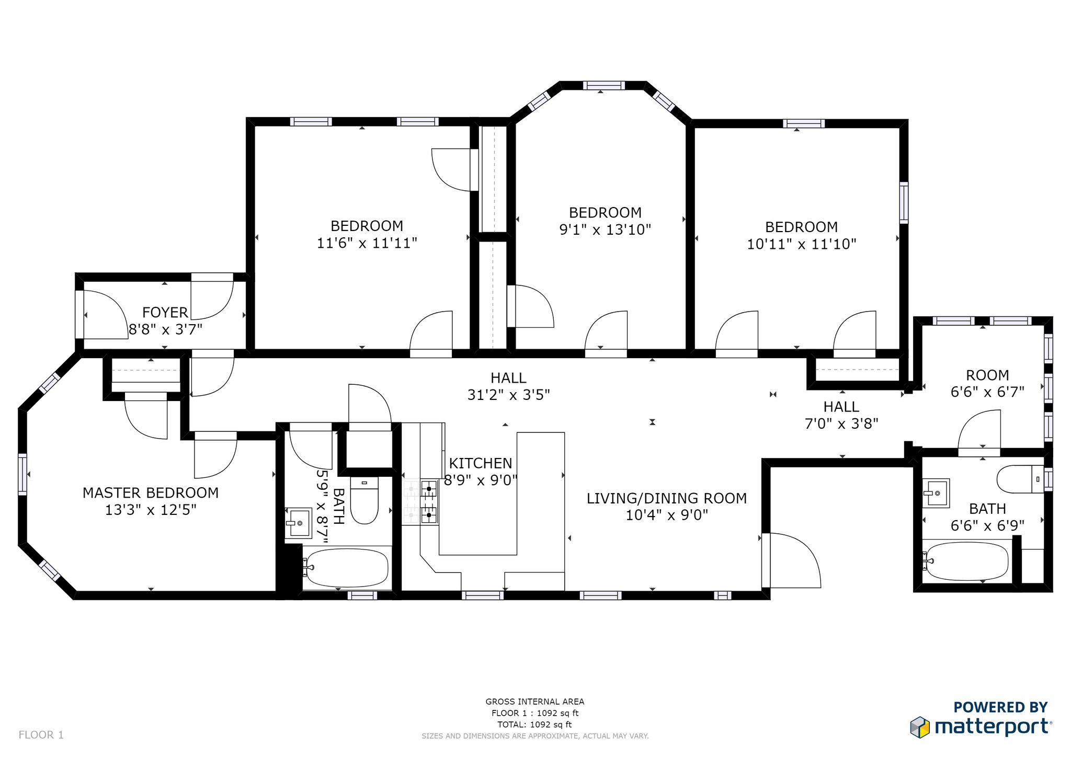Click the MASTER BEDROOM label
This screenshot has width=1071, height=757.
(151, 492)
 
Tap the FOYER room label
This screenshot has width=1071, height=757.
(165, 312)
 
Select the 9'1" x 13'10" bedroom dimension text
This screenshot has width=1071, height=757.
(605, 230)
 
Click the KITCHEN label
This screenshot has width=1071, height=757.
(480, 463)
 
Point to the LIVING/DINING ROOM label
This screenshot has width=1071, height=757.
(666, 498)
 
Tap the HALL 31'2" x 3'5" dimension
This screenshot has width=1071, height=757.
(508, 395)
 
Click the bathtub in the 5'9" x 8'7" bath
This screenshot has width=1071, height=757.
(347, 568)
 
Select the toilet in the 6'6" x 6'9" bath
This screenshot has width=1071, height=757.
(1020, 479)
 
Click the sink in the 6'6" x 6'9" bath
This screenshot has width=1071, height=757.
(936, 493)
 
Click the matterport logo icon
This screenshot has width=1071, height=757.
(920, 727)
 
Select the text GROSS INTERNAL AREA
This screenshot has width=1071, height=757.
(534, 702)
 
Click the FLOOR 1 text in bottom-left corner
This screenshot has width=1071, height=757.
(41, 735)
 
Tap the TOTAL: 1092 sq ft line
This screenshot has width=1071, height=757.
(534, 725)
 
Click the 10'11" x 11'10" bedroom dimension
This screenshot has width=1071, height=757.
(801, 244)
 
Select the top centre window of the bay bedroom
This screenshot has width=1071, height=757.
(604, 85)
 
